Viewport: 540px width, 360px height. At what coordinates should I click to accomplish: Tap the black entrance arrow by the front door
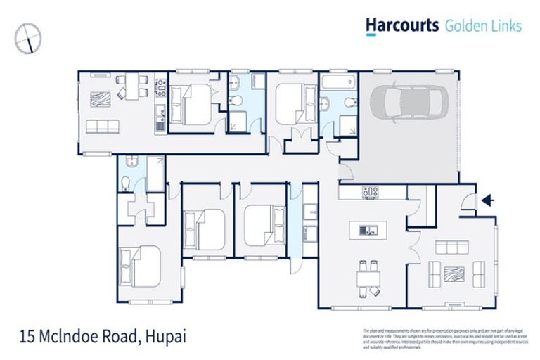(x=486, y=201)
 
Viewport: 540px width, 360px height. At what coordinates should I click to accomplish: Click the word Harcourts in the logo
(x=401, y=26)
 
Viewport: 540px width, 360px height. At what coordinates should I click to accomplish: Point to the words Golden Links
(x=483, y=26)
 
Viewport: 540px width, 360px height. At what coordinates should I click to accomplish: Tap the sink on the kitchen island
(x=366, y=230)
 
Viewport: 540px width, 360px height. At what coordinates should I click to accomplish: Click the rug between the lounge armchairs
(x=453, y=271)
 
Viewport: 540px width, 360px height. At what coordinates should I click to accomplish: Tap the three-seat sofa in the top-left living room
(x=103, y=127)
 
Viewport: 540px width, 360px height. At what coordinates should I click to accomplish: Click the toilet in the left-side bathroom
(x=125, y=184)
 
